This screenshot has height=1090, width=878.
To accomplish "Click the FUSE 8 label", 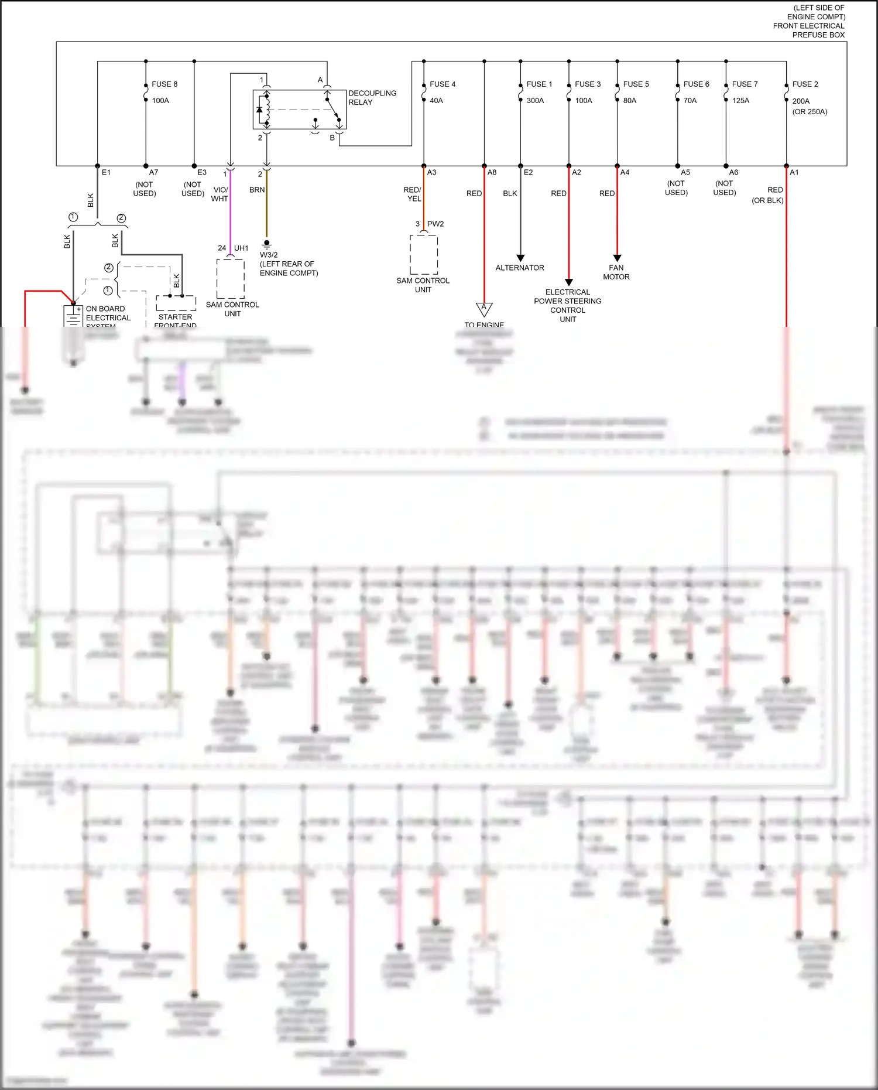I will [x=164, y=84].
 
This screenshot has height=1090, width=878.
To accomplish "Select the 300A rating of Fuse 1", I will [x=535, y=101].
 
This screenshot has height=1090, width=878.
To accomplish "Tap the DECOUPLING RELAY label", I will [x=372, y=98].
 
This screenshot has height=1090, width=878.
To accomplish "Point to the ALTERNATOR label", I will [x=520, y=268].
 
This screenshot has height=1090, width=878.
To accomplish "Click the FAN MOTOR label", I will [x=616, y=272].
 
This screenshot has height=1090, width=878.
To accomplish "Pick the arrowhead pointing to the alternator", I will [x=520, y=258].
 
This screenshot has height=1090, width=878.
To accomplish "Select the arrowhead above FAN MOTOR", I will [x=617, y=258].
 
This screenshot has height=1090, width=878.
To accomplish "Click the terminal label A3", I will [x=432, y=173].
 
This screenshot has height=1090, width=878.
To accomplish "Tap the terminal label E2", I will [x=529, y=173].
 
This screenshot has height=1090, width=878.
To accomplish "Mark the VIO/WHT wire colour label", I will [x=220, y=194].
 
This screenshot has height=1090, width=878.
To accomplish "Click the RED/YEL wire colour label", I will [x=413, y=194].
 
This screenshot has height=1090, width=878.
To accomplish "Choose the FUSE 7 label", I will [x=745, y=84].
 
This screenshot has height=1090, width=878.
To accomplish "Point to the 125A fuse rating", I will [x=740, y=101].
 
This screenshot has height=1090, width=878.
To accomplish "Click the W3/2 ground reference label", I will [x=269, y=255].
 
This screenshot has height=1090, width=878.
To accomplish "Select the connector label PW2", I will [x=435, y=224].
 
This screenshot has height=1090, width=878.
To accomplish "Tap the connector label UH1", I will [x=241, y=248].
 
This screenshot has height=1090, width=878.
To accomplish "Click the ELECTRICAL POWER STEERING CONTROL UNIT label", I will [x=568, y=306].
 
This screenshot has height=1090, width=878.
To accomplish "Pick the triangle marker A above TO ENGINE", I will [x=484, y=308].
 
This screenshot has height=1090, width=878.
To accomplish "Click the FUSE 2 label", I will [x=805, y=84].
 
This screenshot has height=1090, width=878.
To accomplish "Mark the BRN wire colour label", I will [x=257, y=190].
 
